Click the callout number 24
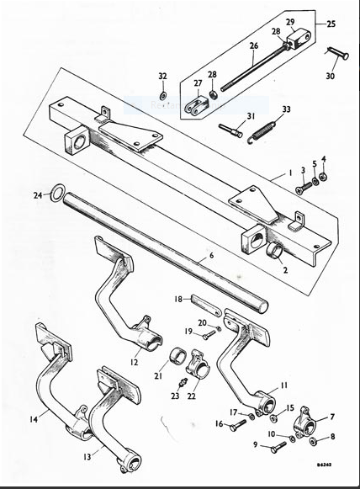click(37, 196)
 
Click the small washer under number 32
click(162, 92)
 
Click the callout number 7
click(331, 417)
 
